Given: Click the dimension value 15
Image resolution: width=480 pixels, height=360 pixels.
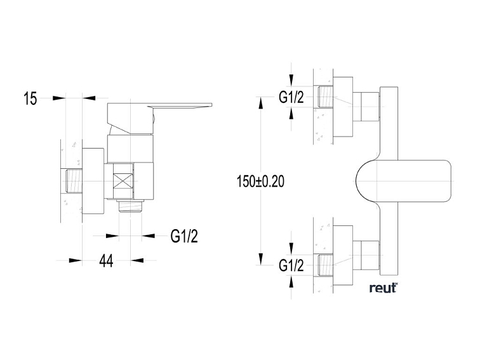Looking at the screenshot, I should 30,98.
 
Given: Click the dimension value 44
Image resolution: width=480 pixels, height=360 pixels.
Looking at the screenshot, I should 106,261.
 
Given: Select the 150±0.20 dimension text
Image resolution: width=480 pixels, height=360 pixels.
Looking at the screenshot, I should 260,182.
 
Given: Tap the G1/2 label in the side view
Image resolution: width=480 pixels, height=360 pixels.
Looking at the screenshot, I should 184,236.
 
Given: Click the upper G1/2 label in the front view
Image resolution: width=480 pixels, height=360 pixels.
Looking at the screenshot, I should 291,97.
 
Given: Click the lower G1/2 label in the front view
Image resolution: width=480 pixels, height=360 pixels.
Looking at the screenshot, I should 291,265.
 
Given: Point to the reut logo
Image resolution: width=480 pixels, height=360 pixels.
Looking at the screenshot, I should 383,288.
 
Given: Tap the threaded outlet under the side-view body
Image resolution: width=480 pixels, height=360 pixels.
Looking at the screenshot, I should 131,206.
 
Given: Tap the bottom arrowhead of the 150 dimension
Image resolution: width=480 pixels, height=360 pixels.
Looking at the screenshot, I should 260,260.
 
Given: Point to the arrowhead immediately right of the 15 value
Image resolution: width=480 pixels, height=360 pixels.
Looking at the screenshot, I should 59,98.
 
